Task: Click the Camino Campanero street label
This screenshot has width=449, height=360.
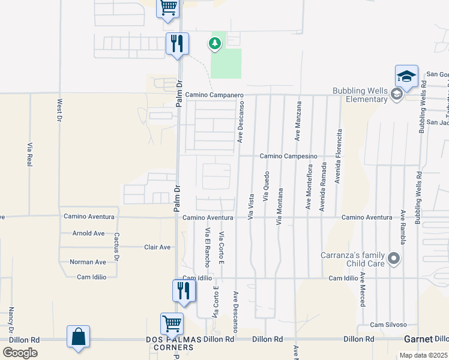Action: pyautogui.click(x=214, y=95)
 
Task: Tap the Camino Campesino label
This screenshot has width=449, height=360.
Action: pyautogui.click(x=288, y=156)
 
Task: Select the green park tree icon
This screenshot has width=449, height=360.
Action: pyautogui.click(x=214, y=43)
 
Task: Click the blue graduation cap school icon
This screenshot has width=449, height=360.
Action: pyautogui.click(x=406, y=76)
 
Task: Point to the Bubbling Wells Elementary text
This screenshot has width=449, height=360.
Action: pyautogui.click(x=360, y=95)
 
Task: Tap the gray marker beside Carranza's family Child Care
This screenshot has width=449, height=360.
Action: pyautogui.click(x=394, y=259)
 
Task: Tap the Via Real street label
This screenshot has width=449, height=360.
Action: pyautogui.click(x=29, y=154)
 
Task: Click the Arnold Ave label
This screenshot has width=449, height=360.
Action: pyautogui.click(x=88, y=233)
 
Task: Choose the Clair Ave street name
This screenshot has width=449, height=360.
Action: pyautogui.click(x=157, y=247)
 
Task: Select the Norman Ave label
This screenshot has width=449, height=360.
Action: pyautogui.click(x=88, y=262)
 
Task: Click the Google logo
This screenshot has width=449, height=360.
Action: pyautogui.click(x=20, y=352)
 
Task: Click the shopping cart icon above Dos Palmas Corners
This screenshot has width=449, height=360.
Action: pyautogui.click(x=172, y=324)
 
